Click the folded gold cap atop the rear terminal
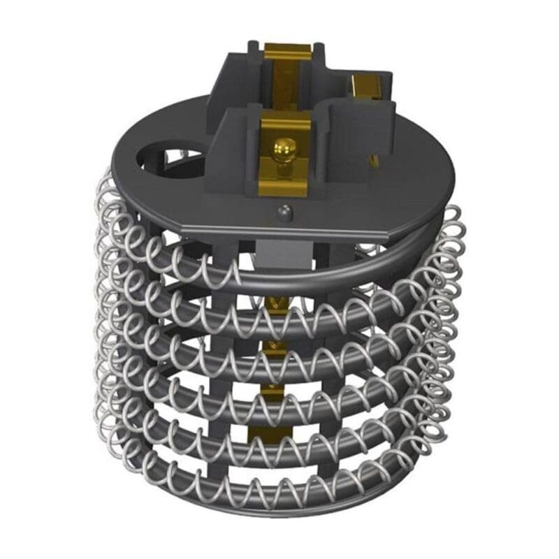click(287, 50)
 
